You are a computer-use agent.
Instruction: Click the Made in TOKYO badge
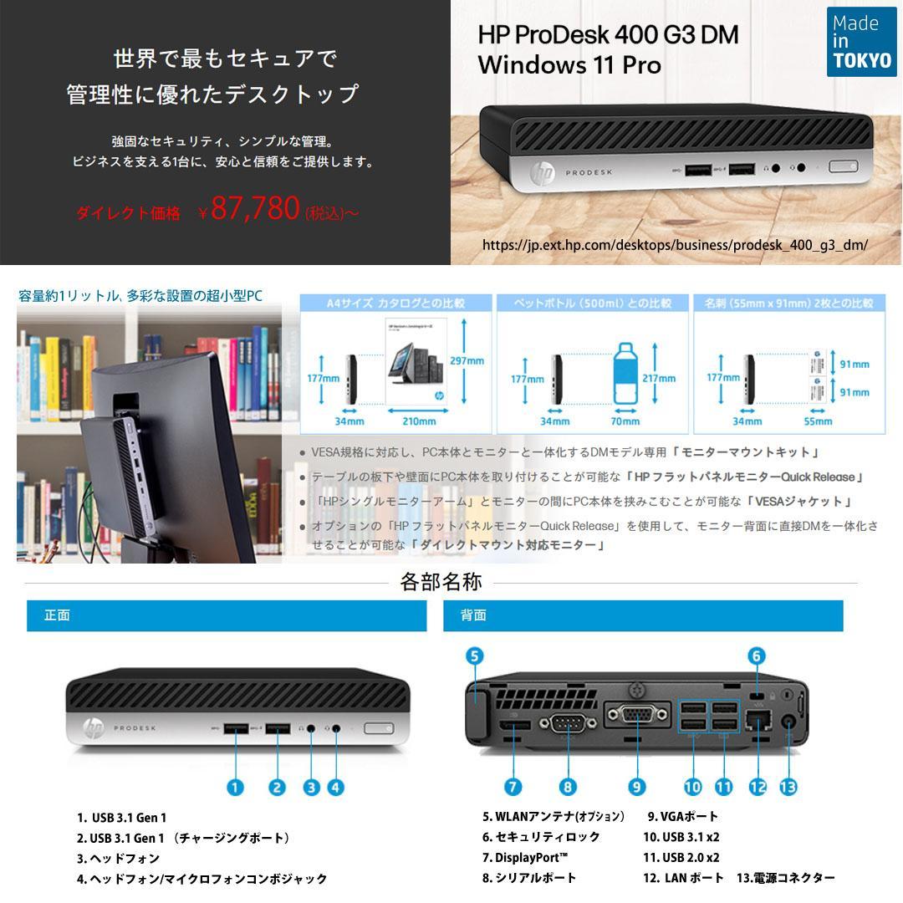coord(861,42)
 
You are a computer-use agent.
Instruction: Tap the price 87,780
coord(255,209)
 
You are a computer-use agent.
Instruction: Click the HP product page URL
coord(675,245)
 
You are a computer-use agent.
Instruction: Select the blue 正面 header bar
coord(227,615)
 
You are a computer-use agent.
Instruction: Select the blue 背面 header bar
coord(643,615)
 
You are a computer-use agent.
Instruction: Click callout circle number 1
coord(236,787)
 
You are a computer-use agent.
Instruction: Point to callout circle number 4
coord(337,787)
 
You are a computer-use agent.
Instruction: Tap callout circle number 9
coord(637,787)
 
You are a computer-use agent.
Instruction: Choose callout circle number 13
coord(788,787)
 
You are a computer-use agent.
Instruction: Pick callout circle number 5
coord(474,656)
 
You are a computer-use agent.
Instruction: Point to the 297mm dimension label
coord(467,361)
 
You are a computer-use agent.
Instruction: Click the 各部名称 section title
coord(441,582)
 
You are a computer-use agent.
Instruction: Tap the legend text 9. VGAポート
coord(683,817)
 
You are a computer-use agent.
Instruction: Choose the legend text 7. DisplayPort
coord(526,858)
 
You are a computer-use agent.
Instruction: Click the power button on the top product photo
coord(843,166)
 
